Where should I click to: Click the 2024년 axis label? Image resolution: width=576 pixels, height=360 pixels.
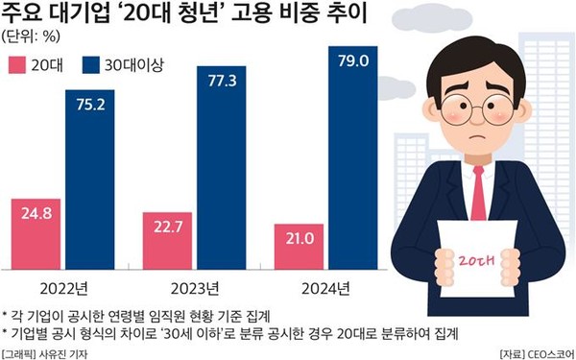[320, 288]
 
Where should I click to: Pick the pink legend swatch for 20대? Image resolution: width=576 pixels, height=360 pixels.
[18, 65]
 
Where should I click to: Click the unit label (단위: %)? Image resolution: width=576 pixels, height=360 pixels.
[34, 37]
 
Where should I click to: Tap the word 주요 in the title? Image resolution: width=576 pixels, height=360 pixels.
[24, 14]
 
